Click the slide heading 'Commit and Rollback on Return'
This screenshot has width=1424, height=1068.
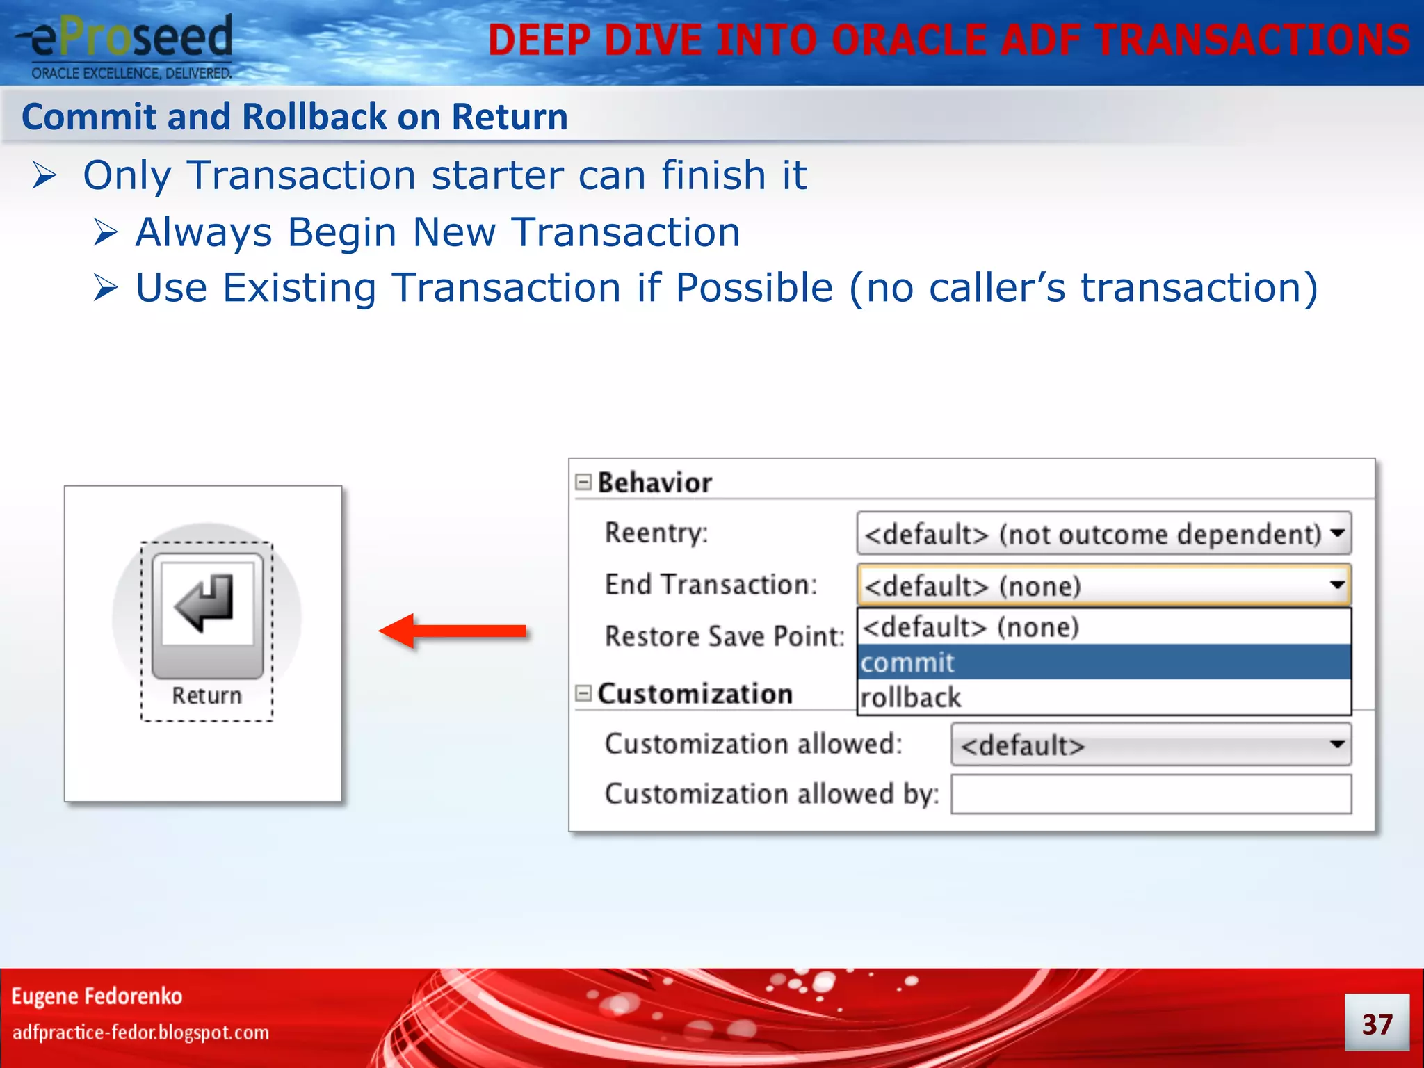(295, 117)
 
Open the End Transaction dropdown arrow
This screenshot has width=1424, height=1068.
(1336, 585)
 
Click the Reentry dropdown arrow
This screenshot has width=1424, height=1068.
(1336, 533)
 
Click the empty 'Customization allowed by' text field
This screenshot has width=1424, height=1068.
(1151, 794)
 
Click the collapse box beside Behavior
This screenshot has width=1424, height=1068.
(583, 482)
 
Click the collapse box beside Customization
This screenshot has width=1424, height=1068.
(583, 693)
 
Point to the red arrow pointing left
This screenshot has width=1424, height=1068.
(452, 631)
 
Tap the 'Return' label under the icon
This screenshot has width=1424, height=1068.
(207, 695)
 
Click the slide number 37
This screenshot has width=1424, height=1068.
(1377, 1024)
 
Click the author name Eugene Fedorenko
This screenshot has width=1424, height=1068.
(97, 996)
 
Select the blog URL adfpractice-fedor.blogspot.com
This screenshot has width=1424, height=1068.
(140, 1033)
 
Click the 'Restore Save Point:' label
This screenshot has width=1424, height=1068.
(724, 636)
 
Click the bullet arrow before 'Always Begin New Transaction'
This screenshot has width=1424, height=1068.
(106, 232)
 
